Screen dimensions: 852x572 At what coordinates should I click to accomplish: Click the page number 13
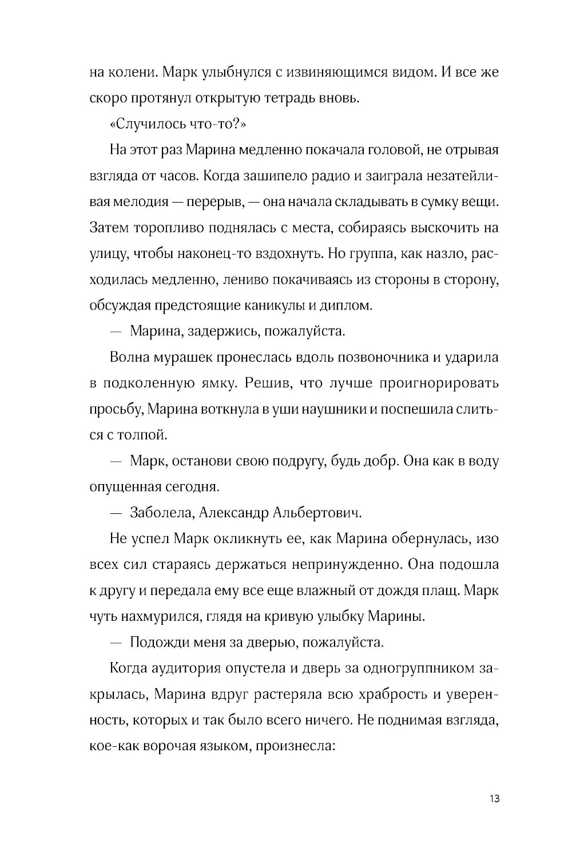pyautogui.click(x=495, y=798)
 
